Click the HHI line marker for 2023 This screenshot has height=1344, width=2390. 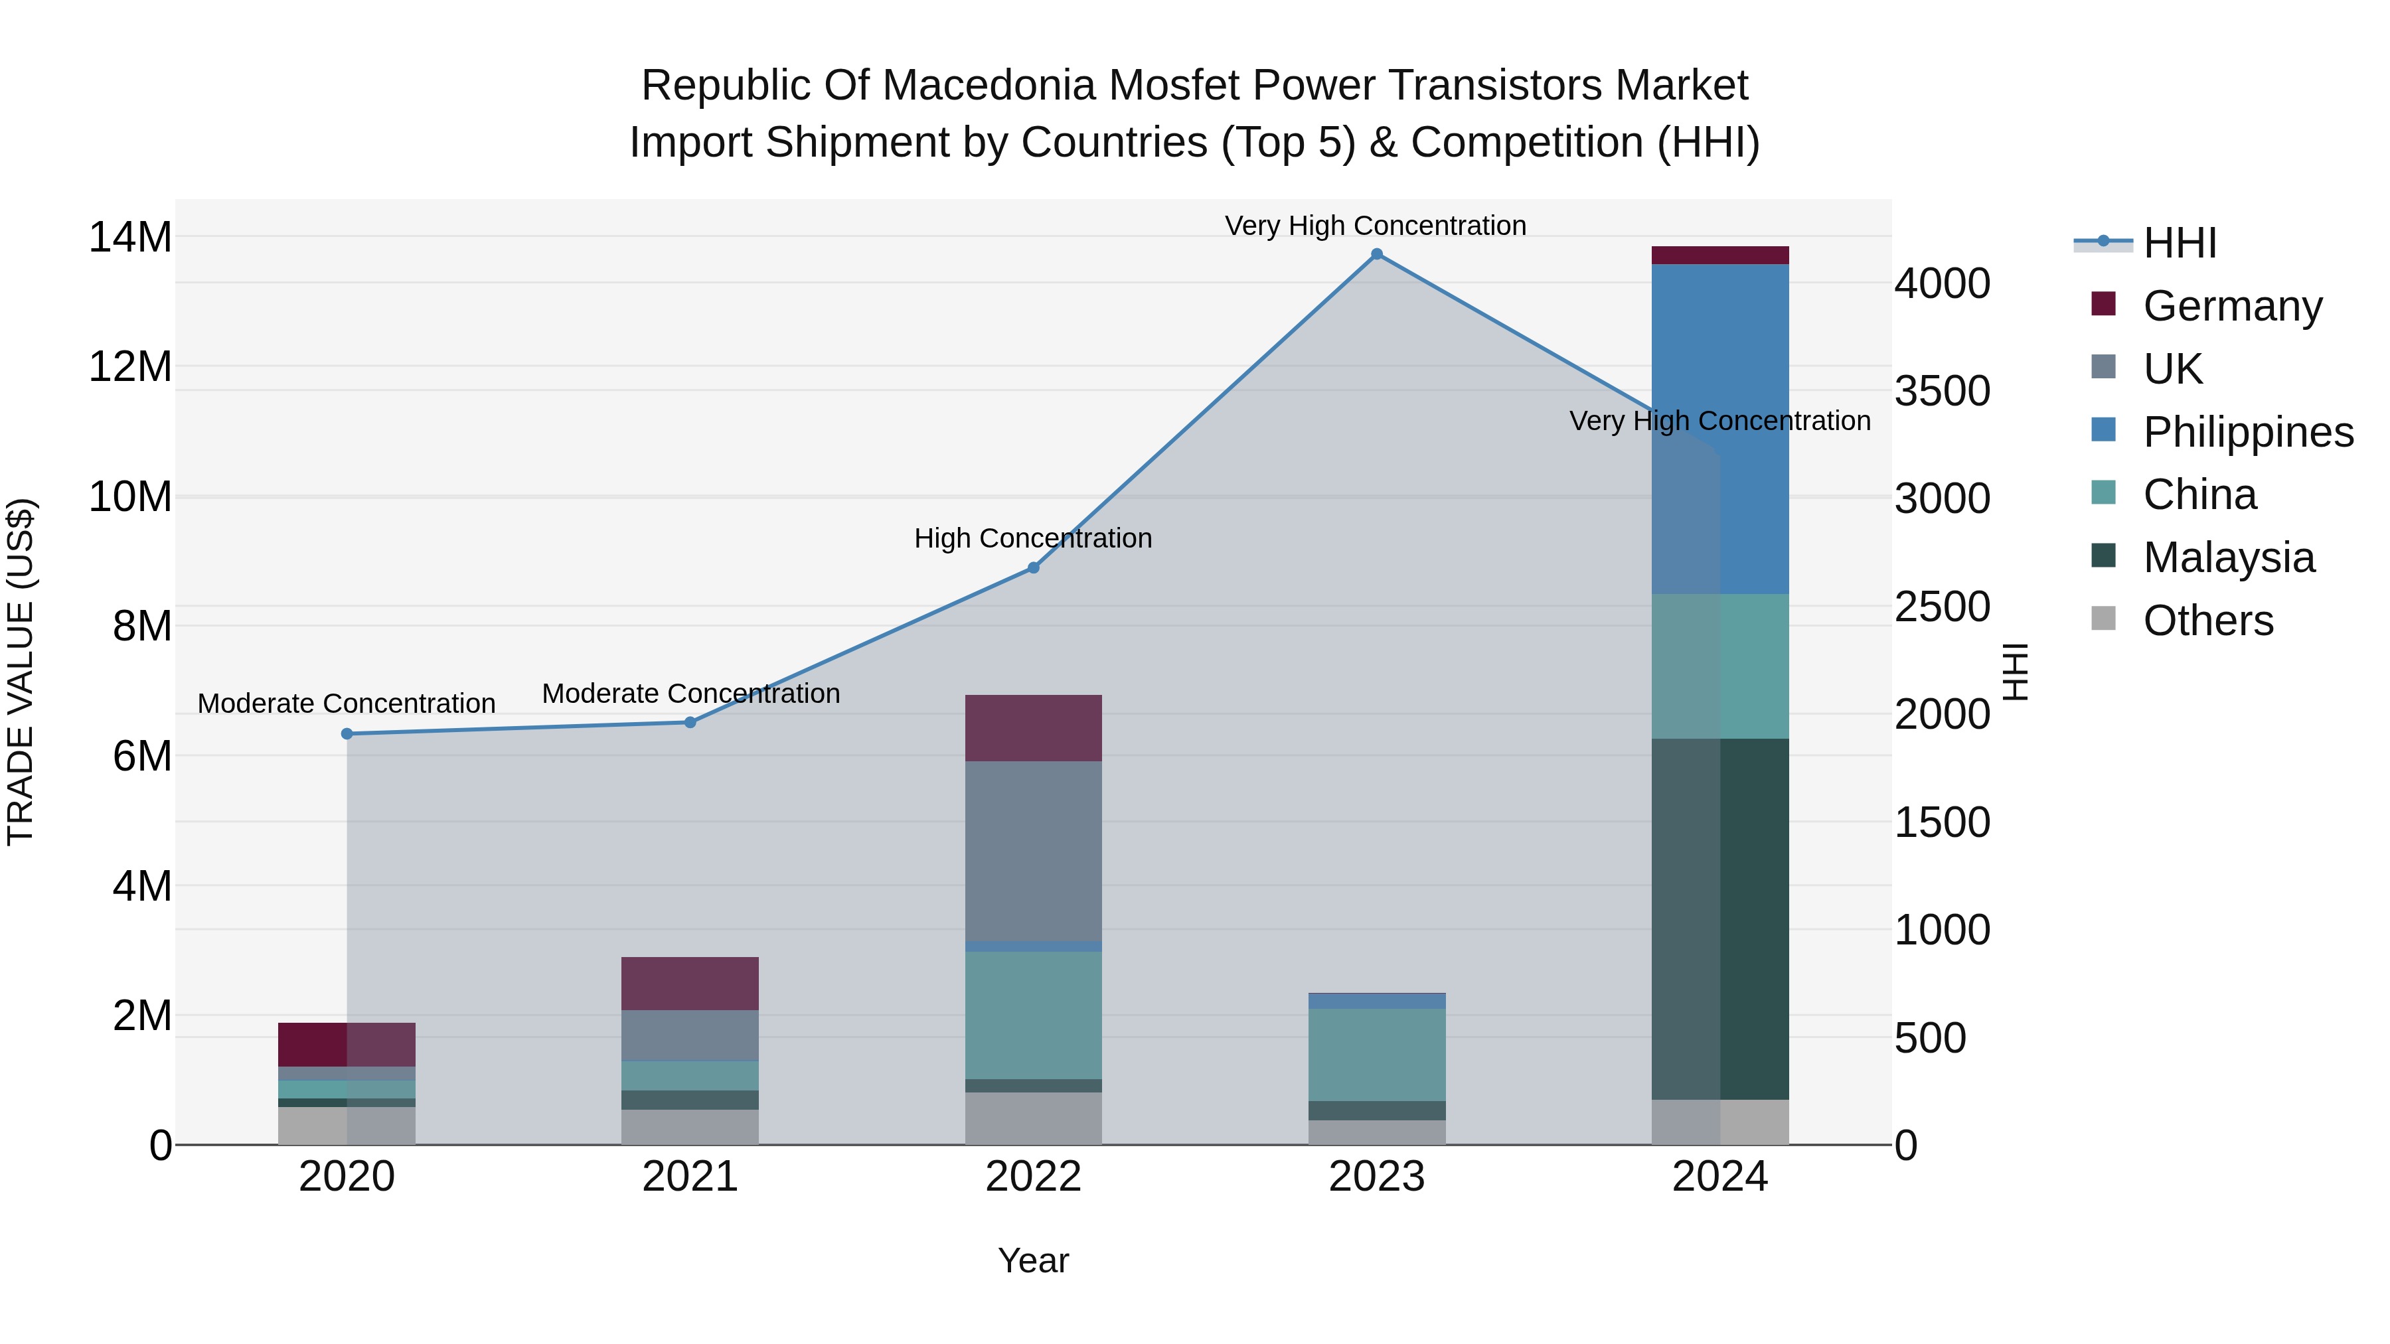tap(1376, 254)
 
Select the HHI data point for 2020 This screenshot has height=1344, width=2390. tap(347, 733)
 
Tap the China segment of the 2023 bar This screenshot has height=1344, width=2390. tap(1376, 1055)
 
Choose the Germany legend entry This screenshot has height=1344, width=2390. tap(2231, 306)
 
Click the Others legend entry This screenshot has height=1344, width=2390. tap(2207, 621)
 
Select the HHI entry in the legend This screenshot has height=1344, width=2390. tap(2180, 243)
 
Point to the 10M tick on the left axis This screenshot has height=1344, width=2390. tap(130, 497)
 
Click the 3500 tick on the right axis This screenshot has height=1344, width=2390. tap(1942, 390)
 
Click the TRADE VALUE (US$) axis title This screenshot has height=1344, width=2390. tap(21, 672)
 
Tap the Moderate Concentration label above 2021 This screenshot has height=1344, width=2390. tap(690, 693)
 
